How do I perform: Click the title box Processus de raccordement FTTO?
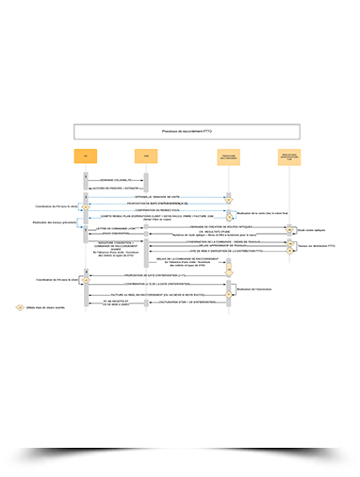click(187, 132)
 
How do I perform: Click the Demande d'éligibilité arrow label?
click(113, 179)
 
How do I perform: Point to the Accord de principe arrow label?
click(115, 188)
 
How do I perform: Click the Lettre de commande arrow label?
click(115, 229)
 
